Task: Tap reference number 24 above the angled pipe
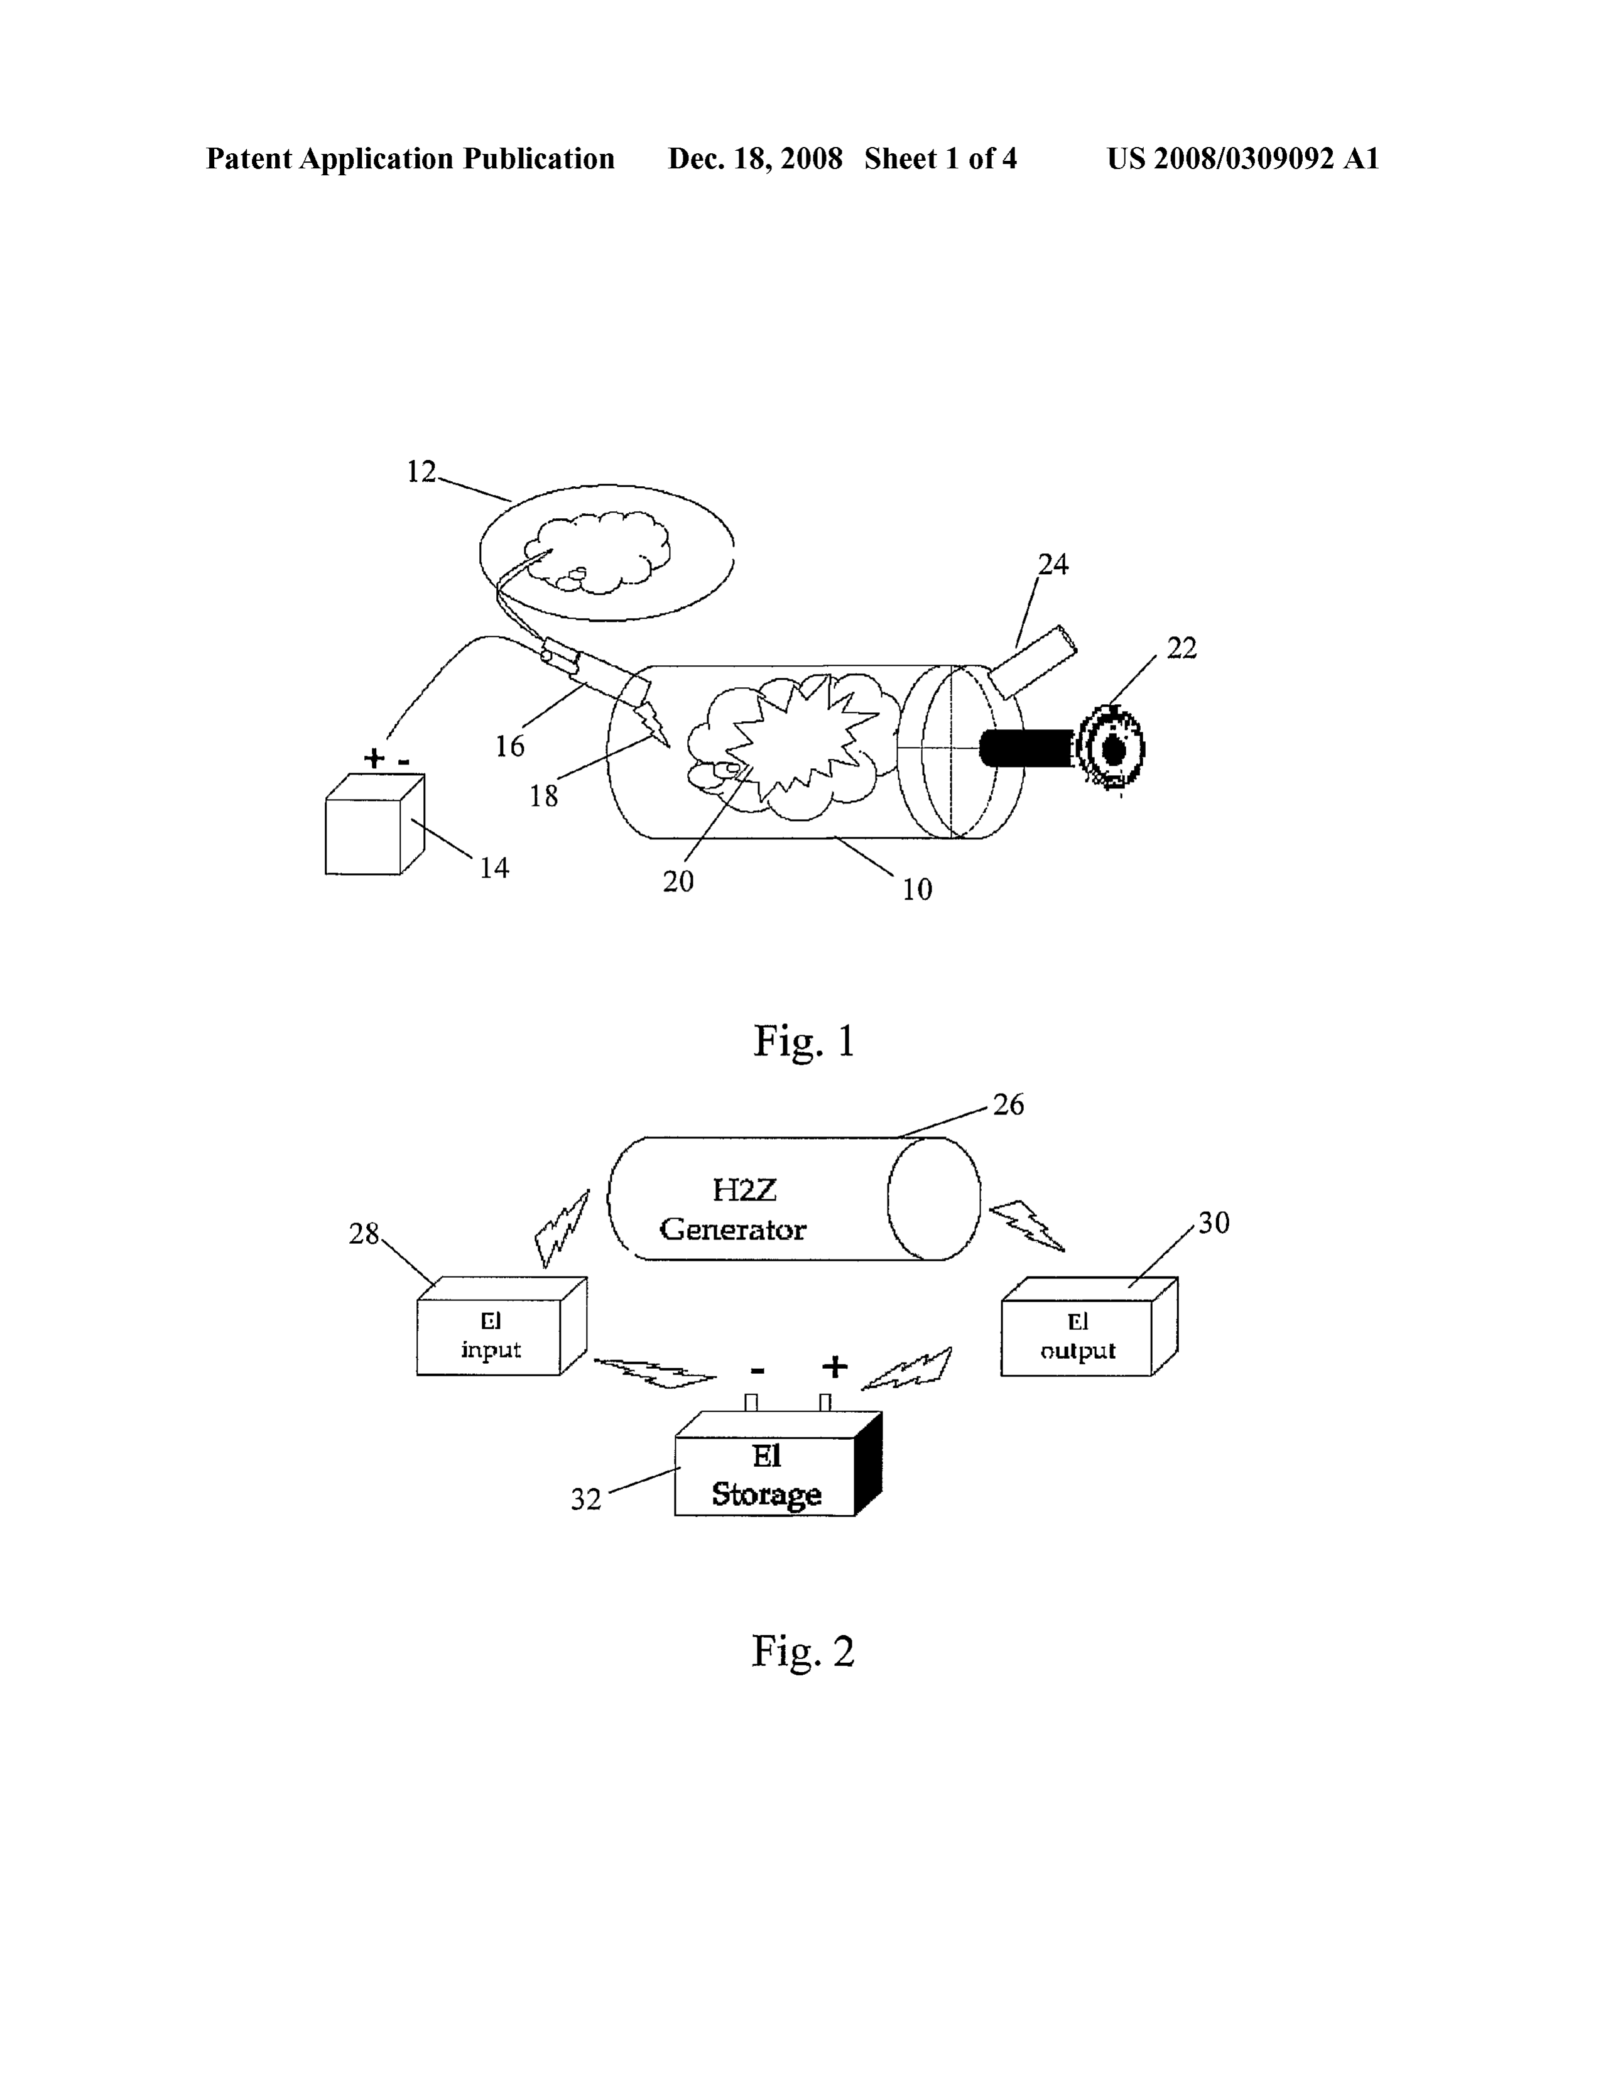point(1053,565)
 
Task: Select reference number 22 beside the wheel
point(1182,648)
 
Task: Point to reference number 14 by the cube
point(494,868)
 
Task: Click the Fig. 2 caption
point(803,1651)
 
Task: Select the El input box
point(501,1326)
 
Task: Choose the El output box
point(1089,1326)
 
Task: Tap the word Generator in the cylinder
point(733,1230)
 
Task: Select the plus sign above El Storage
point(834,1367)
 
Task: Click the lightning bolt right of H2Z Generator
point(1027,1226)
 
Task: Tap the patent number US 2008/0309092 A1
point(1242,158)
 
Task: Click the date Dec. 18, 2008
point(754,158)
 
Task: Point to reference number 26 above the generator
point(1008,1105)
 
